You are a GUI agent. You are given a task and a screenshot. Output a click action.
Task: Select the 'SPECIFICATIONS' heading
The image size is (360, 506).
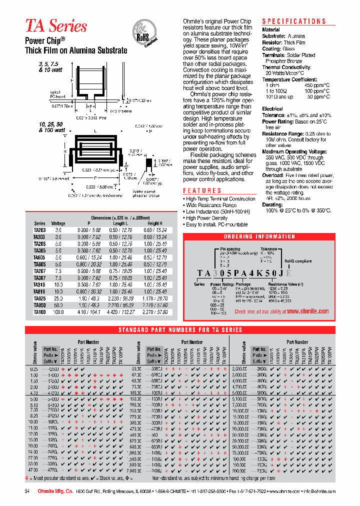294,21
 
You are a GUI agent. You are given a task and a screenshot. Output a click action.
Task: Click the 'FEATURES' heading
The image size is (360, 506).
202,190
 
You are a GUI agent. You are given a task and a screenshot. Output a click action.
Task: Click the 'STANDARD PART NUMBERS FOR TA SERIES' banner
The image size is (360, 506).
180,329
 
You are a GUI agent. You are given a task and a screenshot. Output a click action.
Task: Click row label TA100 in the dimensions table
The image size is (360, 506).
39,311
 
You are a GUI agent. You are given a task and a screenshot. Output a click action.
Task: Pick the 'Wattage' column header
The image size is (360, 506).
58,223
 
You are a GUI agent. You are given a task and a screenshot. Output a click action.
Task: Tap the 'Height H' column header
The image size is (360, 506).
155,223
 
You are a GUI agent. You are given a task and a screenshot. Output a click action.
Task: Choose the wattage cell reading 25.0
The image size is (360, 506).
58,297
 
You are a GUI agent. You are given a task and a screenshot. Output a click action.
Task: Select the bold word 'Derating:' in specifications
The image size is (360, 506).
272,205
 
